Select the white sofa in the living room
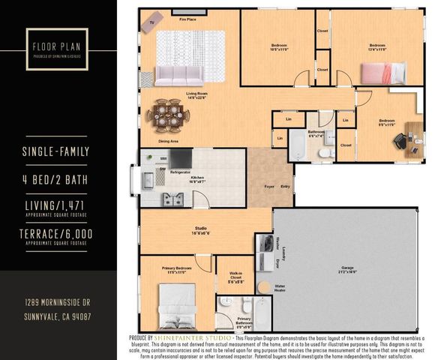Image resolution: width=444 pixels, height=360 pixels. click(178, 74)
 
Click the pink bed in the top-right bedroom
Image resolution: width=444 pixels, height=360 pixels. click(379, 73)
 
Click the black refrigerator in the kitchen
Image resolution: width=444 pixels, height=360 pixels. click(180, 158)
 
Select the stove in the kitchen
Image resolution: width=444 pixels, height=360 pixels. click(178, 198)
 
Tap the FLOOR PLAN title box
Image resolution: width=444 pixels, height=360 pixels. click(58, 46)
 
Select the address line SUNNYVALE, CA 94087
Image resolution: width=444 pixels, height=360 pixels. click(58, 316)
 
